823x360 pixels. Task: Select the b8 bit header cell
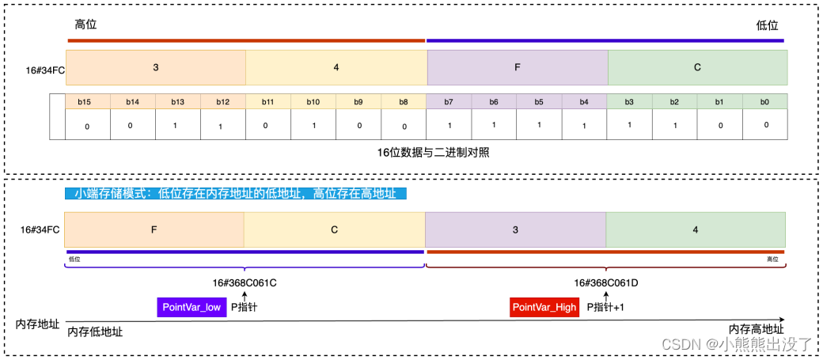(x=404, y=102)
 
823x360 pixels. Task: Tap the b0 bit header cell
(x=764, y=102)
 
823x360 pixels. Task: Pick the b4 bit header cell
(x=584, y=102)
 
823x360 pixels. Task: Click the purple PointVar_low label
(x=192, y=308)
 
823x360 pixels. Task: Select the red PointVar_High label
(x=544, y=308)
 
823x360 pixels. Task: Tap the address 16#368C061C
(x=245, y=282)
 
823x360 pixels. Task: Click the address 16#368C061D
(x=606, y=282)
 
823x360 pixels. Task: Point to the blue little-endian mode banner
(x=235, y=194)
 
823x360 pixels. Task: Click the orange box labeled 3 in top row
(x=156, y=68)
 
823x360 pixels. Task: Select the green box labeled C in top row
(x=697, y=68)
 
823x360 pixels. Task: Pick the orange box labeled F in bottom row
(x=154, y=230)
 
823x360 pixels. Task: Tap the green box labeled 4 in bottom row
(x=696, y=230)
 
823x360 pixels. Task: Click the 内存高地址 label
(x=757, y=329)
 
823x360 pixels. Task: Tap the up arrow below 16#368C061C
(x=245, y=296)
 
